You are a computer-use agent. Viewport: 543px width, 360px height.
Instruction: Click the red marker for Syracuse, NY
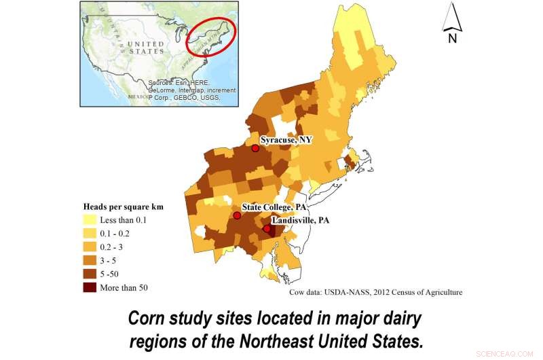[x=255, y=148]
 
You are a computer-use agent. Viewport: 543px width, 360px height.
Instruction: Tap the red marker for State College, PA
[x=237, y=215]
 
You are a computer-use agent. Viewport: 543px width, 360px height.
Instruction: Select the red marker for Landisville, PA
[x=267, y=229]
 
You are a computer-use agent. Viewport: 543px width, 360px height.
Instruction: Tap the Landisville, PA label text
[x=300, y=220]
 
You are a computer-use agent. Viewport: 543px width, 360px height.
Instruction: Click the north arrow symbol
[x=452, y=18]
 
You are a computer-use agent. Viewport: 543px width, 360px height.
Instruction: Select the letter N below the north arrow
[x=452, y=38]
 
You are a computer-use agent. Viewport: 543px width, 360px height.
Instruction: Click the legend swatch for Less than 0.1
[x=89, y=219]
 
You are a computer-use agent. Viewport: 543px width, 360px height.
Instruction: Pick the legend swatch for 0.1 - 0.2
[x=89, y=233]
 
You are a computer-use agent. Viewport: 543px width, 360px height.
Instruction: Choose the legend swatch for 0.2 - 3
[x=89, y=247]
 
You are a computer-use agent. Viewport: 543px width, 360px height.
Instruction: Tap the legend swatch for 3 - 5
[x=89, y=260]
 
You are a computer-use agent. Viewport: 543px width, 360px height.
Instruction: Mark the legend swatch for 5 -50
[x=89, y=274]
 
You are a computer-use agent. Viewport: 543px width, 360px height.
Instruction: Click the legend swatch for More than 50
[x=89, y=287]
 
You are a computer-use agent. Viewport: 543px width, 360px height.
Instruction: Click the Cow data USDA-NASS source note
[x=376, y=292]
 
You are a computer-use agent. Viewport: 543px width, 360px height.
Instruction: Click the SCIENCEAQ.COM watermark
[x=514, y=353]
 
